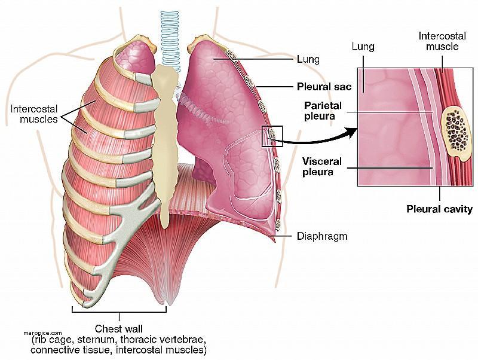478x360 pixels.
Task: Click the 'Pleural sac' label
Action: coord(324,87)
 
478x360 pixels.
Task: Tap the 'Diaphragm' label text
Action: coord(322,236)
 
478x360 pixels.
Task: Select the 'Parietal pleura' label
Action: coord(323,111)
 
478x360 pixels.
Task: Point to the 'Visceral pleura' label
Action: coord(322,167)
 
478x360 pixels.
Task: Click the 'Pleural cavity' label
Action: coord(439,209)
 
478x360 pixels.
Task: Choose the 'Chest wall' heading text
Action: coord(118,329)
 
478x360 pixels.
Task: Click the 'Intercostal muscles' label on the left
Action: coord(34,114)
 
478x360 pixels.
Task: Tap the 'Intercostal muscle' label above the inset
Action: coord(442,41)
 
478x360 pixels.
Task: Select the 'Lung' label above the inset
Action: coord(363,47)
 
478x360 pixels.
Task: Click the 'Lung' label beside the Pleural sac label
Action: coord(308,59)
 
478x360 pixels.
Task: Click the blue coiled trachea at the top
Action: coord(170,38)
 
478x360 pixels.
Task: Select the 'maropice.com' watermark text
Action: coord(42,333)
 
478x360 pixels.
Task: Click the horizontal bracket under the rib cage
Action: coord(119,312)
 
